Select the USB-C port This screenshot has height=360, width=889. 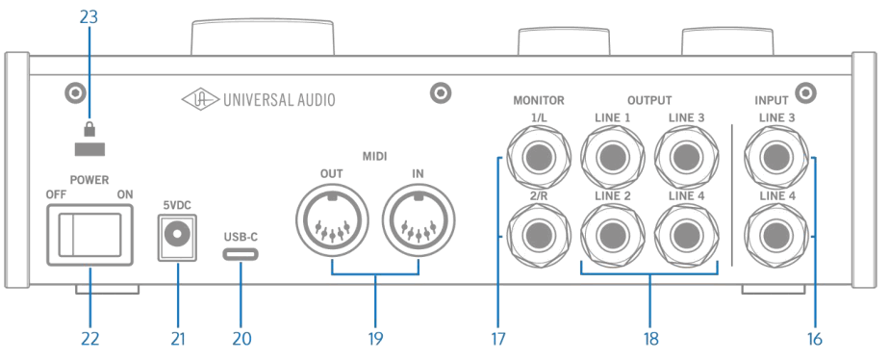[x=241, y=255]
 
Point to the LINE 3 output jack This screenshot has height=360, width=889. [x=686, y=157]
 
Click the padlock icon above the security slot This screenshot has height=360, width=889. [x=89, y=128]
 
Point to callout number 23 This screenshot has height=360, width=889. [x=89, y=18]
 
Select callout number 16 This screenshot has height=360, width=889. [x=815, y=339]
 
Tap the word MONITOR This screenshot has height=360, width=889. [x=538, y=99]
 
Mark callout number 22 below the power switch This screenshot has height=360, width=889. [x=89, y=339]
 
